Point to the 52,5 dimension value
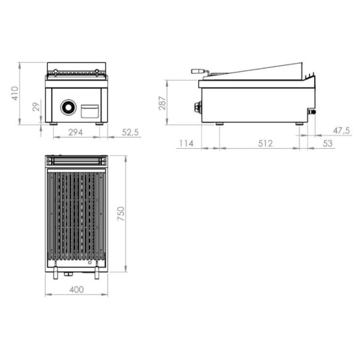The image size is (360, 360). pos(130,132)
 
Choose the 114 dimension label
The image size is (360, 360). pos(186,143)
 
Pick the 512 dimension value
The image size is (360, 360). pos(265,143)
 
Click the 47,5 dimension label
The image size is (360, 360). pos(341,131)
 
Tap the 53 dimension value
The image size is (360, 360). pos(327,143)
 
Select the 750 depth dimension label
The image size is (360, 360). pos(121,213)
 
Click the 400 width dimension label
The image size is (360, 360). pos(77,290)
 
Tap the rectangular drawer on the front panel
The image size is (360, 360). pos(90,111)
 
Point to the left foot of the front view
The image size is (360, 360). pos(53,124)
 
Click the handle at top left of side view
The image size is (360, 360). pos(198,71)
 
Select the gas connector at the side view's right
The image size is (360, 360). pos(312,112)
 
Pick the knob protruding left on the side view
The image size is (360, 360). pos(198,107)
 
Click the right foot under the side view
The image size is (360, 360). pos(299,124)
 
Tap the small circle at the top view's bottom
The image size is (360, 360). pos(90,263)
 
